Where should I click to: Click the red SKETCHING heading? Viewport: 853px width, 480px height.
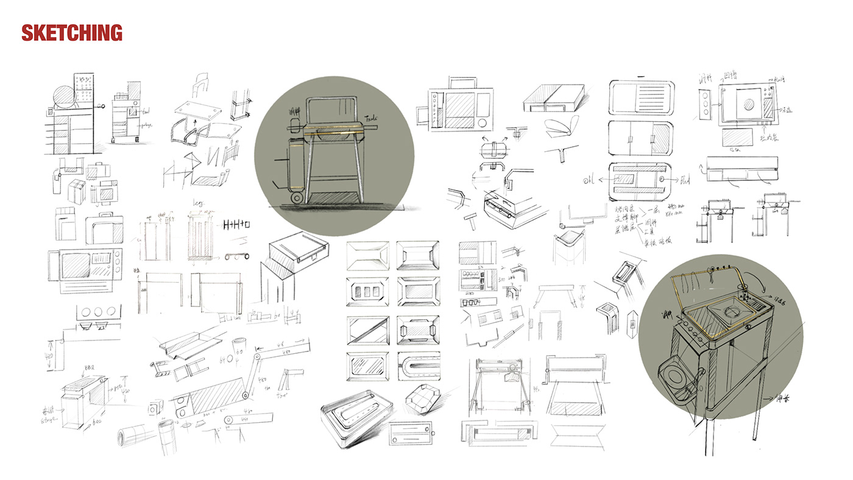coord(72,32)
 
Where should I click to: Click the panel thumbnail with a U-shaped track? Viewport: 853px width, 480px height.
coord(417,367)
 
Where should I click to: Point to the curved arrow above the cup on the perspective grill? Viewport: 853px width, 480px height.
coord(743,277)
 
